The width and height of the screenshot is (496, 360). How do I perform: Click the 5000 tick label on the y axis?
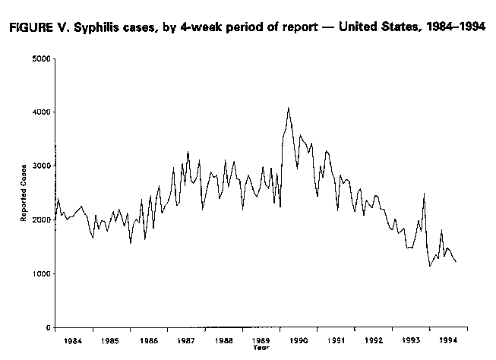click(41, 58)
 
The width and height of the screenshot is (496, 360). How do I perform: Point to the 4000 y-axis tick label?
click(41, 112)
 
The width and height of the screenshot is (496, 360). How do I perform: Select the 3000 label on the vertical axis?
click(41, 166)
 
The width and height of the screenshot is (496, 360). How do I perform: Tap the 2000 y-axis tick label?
click(41, 219)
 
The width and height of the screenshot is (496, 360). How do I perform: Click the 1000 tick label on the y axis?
click(41, 273)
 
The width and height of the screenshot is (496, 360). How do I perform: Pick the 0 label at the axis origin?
click(49, 327)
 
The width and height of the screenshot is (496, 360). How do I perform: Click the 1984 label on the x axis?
click(73, 342)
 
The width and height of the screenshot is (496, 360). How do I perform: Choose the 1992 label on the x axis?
click(374, 342)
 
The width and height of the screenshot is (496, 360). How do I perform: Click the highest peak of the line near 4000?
click(288, 108)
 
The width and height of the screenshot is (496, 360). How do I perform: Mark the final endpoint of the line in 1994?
click(456, 262)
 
